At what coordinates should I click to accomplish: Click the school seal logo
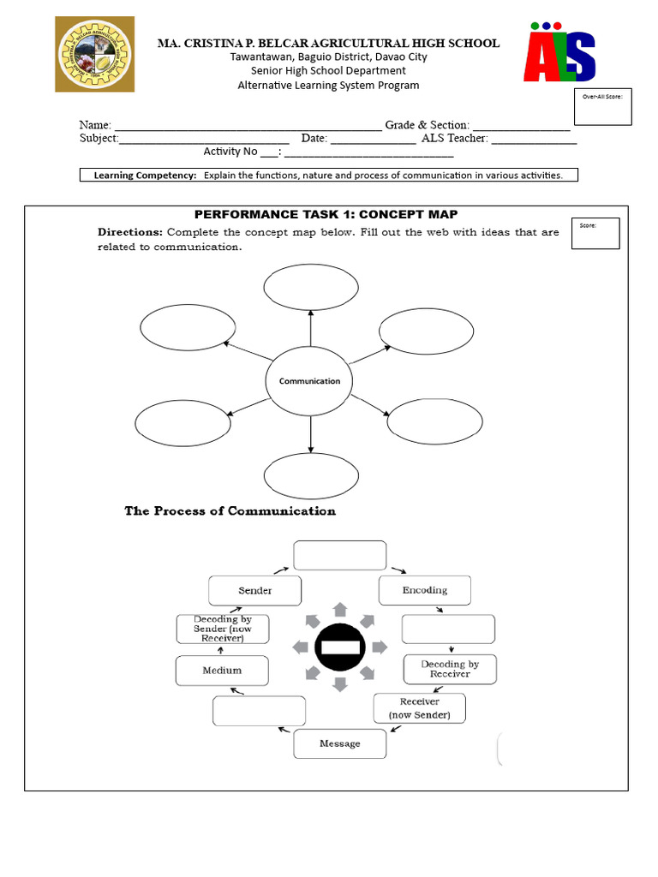point(95,53)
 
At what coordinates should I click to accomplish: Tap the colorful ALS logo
point(559,53)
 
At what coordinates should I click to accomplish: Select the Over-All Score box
point(601,106)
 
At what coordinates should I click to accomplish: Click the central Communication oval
point(309,381)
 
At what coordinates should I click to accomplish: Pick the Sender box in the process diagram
point(254,591)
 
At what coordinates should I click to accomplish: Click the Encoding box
point(425,590)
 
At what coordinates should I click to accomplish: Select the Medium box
point(222,671)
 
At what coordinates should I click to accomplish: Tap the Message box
point(339,743)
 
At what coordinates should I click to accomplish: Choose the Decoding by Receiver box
point(449,669)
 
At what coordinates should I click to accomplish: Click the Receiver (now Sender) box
point(419,708)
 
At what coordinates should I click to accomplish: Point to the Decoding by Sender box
point(222,629)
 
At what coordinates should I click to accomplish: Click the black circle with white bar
point(340,647)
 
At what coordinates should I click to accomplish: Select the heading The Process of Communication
point(230,511)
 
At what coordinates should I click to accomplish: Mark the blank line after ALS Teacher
point(534,140)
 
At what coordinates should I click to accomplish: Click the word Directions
point(129,232)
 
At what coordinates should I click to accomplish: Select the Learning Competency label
point(145,176)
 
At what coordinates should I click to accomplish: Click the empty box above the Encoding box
point(340,555)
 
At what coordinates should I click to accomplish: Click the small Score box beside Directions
point(595,233)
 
